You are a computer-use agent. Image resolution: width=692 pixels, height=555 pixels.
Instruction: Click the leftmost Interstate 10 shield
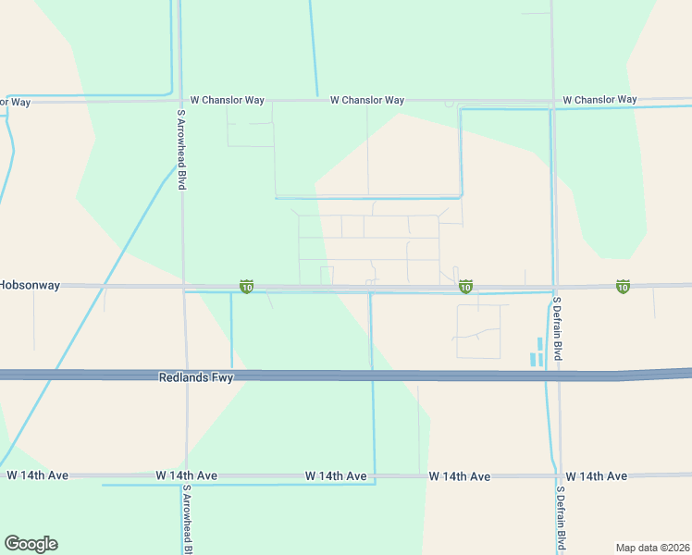246,288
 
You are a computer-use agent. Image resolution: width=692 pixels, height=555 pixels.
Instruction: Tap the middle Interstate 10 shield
465,288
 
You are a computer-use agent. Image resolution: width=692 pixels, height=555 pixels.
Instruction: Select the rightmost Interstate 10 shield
623,287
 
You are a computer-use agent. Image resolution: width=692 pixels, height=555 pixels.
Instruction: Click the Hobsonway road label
30,285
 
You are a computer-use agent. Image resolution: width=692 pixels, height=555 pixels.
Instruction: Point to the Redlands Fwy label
196,377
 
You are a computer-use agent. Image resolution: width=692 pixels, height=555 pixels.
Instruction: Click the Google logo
31,544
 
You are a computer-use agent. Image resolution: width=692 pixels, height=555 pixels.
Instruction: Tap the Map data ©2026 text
652,547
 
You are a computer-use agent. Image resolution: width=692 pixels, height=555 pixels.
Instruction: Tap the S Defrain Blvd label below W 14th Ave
561,521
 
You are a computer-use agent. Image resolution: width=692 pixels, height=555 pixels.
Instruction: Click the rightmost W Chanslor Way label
599,99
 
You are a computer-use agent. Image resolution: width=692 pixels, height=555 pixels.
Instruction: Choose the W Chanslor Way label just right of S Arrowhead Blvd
228,100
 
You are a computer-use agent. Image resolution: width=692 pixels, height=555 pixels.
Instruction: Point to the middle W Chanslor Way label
367,100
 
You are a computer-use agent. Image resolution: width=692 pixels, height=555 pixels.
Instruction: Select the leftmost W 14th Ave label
38,475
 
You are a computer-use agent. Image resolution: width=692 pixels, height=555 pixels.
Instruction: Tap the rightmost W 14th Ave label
596,476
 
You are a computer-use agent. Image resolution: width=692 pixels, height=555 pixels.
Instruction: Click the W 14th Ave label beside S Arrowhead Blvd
186,475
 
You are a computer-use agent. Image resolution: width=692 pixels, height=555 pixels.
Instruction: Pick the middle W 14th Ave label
336,475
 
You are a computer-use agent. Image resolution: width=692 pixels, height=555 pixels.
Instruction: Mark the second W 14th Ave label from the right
460,476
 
